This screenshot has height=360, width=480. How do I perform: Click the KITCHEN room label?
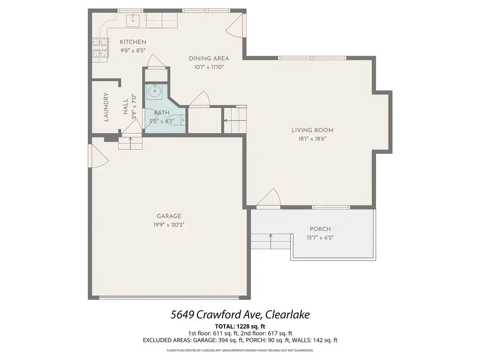133,42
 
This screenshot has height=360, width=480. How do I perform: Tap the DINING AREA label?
209,59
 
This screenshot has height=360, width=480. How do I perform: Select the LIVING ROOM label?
312,130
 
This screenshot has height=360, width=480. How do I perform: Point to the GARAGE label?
169,216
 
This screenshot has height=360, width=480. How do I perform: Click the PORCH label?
320,229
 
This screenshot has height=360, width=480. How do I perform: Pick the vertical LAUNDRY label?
106,107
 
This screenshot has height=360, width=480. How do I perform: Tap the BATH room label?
162,113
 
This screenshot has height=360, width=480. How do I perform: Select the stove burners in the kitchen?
101,47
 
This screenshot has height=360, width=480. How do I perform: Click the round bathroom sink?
155,91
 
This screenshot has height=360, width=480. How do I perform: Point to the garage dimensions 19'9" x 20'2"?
169,225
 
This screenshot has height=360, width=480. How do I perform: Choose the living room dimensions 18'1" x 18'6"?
312,139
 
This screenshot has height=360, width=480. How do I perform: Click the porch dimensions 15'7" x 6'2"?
320,238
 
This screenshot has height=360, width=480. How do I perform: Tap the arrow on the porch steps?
270,241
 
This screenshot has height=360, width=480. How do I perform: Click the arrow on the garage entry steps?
130,143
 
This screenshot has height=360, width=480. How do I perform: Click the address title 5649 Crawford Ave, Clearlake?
240,315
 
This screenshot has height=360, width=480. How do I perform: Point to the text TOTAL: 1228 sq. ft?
240,326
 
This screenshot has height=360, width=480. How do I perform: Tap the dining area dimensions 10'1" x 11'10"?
209,67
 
